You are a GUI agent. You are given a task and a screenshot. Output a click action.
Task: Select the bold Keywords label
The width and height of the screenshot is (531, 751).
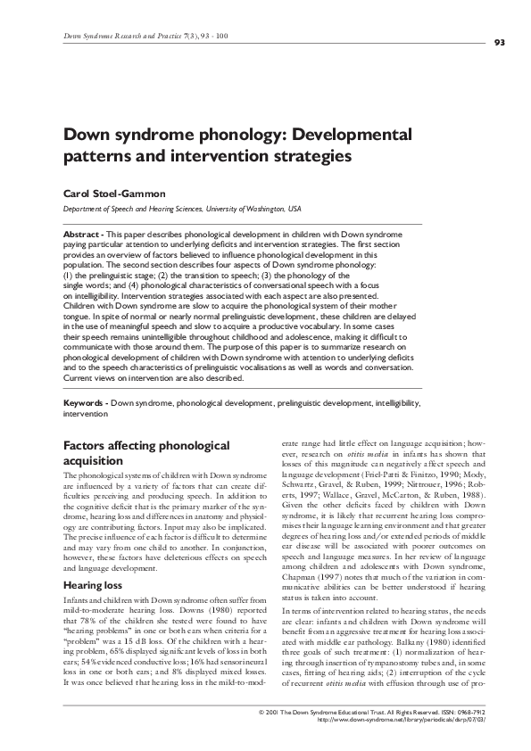click(x=86, y=403)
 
